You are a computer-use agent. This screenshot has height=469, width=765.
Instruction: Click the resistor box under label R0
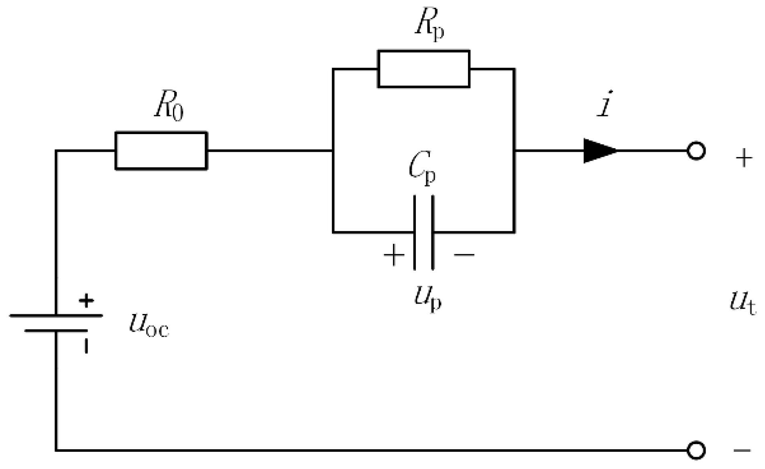pos(161,151)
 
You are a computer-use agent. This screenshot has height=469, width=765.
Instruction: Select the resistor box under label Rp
pos(423,69)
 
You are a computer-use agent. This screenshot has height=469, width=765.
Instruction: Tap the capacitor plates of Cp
pos(424,232)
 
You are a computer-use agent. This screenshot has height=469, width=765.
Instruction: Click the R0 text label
pos(169,107)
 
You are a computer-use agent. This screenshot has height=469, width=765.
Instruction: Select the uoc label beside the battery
pos(149,324)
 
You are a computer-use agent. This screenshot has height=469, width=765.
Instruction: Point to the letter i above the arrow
pos(604,104)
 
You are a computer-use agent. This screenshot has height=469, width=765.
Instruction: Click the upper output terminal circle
pos(696,151)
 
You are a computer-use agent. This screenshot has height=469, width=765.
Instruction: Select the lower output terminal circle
pos(696,450)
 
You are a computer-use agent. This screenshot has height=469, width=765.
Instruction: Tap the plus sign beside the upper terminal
pos(743,158)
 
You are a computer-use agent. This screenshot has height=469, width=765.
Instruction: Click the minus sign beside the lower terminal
pos(742,450)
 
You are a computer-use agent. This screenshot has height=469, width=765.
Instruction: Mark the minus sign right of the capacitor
pos(464,254)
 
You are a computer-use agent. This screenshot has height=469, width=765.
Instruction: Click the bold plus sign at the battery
pos(86,300)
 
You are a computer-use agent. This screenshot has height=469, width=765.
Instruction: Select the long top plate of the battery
pos(56,316)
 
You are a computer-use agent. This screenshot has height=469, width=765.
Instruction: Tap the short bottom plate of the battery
pos(56,331)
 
